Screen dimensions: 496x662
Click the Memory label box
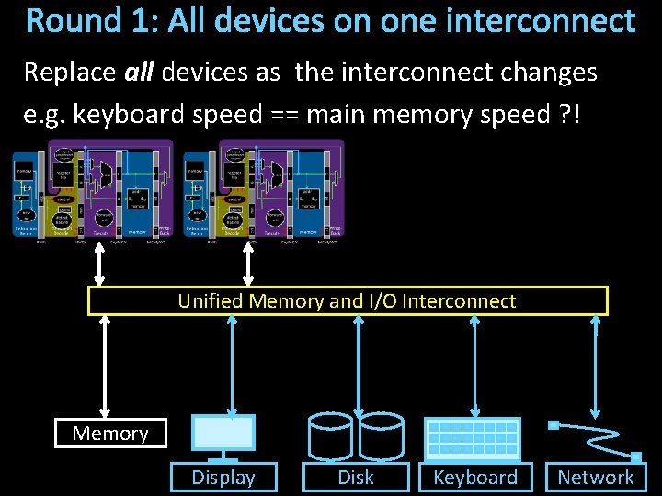point(110,433)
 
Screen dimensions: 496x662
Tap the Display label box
point(223,477)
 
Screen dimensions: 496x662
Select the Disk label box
point(356,477)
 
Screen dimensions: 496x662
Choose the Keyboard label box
point(475,477)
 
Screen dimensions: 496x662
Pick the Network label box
point(596,477)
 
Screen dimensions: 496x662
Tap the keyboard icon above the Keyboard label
point(473,438)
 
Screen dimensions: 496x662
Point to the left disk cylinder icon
point(331,435)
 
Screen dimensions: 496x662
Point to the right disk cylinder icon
point(381,435)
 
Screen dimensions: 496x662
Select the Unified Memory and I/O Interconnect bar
point(348,301)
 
